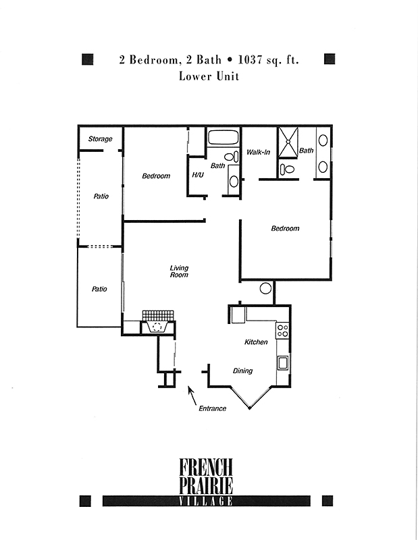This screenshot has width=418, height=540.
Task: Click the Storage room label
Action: tap(100, 139)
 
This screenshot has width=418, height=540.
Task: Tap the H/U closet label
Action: tap(198, 175)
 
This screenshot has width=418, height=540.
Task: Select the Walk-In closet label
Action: tap(258, 152)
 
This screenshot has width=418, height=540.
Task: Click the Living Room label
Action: tap(179, 271)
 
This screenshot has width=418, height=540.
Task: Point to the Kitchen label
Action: tap(256, 342)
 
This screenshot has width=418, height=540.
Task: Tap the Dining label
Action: tap(242, 371)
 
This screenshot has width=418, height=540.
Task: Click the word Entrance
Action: tap(212, 408)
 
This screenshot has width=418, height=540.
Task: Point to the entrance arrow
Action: tap(192, 396)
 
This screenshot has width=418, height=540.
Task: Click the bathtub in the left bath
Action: tap(224, 138)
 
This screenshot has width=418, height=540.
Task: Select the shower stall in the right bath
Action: tap(288, 142)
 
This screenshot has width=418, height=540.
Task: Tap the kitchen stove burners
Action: tap(283, 331)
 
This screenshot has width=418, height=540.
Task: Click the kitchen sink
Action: tap(283, 363)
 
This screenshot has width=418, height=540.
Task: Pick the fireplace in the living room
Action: tap(158, 323)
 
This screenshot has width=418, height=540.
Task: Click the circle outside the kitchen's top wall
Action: tap(265, 288)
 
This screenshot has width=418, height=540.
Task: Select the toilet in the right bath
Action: tap(288, 169)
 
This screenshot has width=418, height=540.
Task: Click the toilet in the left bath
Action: tap(232, 157)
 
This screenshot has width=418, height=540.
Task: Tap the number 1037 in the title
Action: tap(250, 60)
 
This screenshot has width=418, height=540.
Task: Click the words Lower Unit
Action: tap(209, 76)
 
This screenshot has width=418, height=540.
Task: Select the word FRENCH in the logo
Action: tap(206, 466)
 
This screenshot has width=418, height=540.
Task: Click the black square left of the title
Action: tap(88, 59)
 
